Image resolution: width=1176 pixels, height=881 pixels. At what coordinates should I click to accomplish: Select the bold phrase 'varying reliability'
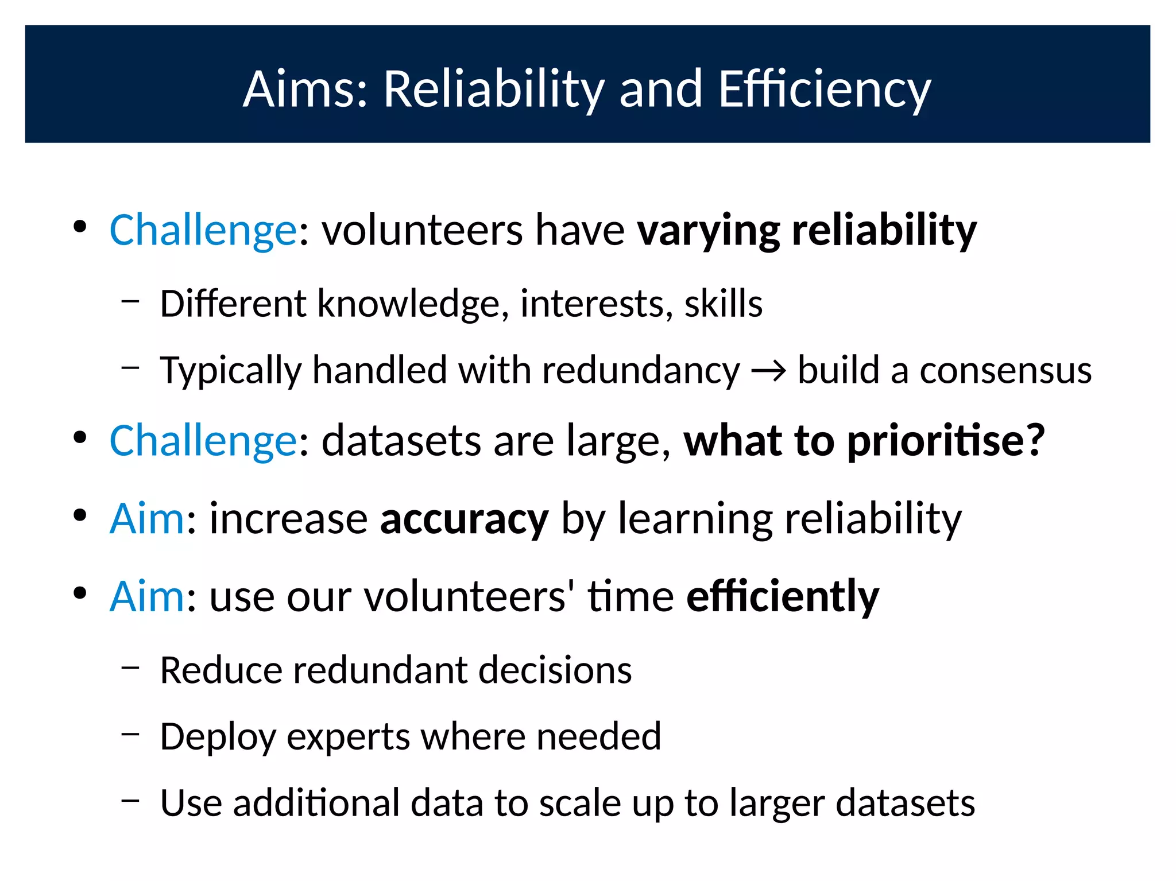tap(807, 230)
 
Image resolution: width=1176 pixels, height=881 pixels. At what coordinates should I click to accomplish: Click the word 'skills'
tap(723, 304)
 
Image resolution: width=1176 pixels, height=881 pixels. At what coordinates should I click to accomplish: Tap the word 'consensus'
tap(1005, 370)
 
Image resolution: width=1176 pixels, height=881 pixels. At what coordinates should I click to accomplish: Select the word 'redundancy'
tap(641, 370)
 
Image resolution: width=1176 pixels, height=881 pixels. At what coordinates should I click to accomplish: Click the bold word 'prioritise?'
tap(946, 441)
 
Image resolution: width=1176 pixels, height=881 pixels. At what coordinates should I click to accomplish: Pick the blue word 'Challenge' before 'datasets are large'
tap(203, 441)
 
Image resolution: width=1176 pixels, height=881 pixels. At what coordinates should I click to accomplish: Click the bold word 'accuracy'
tap(464, 519)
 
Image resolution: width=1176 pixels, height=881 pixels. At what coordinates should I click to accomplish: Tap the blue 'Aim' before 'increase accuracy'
tap(147, 519)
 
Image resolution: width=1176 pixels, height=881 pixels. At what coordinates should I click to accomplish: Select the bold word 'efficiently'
tap(783, 597)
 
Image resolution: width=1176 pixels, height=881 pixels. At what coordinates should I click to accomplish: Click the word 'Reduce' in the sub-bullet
tap(221, 670)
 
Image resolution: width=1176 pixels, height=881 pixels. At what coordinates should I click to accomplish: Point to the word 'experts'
tap(348, 737)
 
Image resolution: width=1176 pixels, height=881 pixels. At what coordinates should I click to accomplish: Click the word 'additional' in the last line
tap(316, 803)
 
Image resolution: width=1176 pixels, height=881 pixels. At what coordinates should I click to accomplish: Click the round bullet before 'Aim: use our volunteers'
tap(80, 593)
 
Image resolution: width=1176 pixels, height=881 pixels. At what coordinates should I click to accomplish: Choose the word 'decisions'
tap(555, 670)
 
